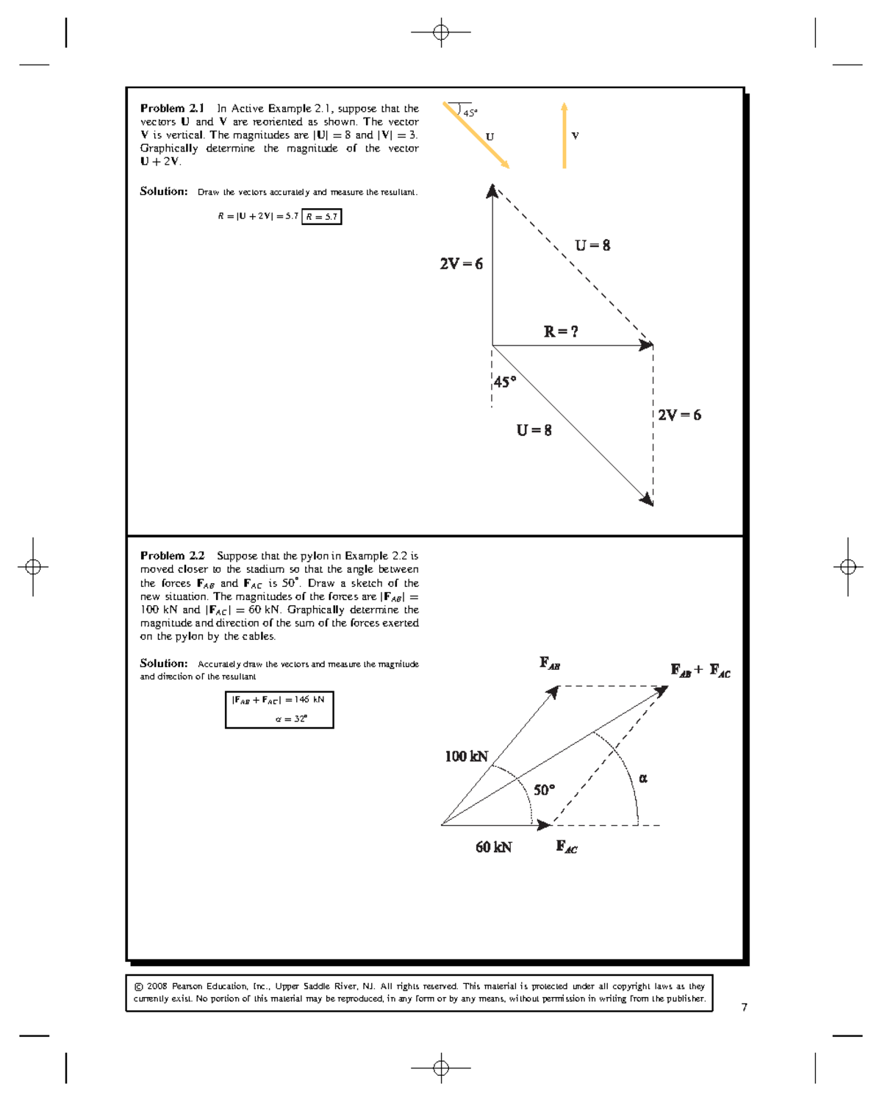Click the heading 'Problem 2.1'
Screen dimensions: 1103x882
(x=173, y=108)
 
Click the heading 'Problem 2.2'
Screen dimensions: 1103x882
(x=173, y=556)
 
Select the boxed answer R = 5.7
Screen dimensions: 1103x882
(x=322, y=216)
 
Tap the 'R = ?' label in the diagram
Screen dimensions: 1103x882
(x=561, y=332)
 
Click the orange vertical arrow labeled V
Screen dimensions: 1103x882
(x=564, y=136)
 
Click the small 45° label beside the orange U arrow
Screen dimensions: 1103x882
(x=470, y=113)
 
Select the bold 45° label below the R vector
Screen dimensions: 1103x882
(x=504, y=382)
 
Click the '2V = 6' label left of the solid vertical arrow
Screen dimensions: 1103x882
(x=461, y=264)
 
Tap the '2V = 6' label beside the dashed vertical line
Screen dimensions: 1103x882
(x=679, y=415)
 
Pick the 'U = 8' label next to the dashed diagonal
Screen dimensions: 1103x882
(x=592, y=246)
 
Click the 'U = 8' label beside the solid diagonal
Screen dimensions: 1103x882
(x=534, y=430)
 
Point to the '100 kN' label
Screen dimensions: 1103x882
(x=466, y=757)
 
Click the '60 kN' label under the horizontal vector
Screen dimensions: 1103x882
(x=493, y=847)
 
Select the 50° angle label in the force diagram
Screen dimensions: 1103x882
(x=544, y=790)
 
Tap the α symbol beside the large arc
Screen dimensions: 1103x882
(x=643, y=778)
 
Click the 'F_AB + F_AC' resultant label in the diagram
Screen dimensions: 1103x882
(x=700, y=671)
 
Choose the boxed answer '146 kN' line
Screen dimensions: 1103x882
(x=279, y=699)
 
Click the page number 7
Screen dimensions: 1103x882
(x=745, y=1007)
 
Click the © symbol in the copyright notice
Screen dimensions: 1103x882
(x=137, y=987)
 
